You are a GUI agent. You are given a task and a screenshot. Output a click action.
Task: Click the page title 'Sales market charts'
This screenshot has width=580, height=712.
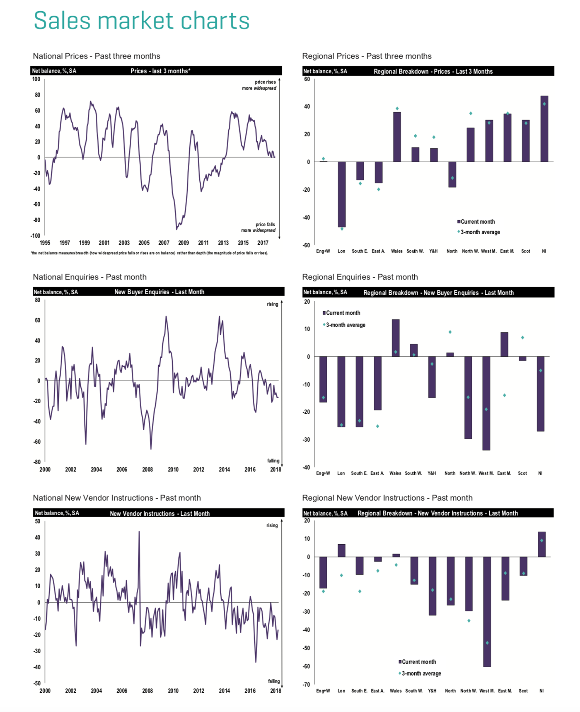[x=141, y=21]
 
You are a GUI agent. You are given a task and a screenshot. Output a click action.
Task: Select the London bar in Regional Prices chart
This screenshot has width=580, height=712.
[x=341, y=194]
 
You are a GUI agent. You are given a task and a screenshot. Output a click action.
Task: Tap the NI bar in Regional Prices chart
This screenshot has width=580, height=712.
[x=544, y=128]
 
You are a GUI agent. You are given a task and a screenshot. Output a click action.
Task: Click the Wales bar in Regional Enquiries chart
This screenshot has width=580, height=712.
[x=396, y=338]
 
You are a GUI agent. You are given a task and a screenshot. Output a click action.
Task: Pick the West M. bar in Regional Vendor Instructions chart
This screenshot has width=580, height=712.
[x=487, y=611]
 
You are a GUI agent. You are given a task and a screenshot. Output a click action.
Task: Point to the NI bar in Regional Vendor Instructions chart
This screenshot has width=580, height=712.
[x=541, y=544]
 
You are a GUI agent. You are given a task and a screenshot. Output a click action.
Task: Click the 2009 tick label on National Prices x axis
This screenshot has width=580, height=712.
[x=184, y=243]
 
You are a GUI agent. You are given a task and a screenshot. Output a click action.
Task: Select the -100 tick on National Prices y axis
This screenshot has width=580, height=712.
[x=35, y=236]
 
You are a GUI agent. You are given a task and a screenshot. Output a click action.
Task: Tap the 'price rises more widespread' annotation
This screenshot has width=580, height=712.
[x=259, y=85]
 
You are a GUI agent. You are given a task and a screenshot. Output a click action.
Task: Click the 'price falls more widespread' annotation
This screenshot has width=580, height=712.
[x=259, y=227]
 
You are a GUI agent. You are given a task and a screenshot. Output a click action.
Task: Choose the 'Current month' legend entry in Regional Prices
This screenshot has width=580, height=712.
[x=477, y=222]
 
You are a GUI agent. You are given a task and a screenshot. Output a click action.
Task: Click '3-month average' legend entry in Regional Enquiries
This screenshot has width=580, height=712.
[x=345, y=325]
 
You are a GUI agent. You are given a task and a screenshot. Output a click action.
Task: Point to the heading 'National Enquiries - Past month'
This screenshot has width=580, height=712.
[x=89, y=277]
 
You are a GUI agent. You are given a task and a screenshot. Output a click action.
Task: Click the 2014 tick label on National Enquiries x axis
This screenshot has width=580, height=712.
[x=224, y=470]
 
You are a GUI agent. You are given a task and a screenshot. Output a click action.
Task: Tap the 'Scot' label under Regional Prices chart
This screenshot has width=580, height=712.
[x=525, y=251]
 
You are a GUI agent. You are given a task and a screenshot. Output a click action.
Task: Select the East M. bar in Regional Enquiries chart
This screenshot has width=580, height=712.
[x=504, y=344]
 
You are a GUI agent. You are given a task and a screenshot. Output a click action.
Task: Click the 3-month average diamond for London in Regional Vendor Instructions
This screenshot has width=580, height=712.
[x=341, y=575]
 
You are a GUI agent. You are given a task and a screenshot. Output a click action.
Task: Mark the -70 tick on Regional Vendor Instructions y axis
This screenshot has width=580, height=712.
[x=307, y=684]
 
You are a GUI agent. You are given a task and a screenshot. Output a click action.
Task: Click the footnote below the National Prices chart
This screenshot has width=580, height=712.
[x=149, y=253]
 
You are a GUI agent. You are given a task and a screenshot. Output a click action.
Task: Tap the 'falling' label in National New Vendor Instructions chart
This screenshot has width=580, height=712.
[x=274, y=681]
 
